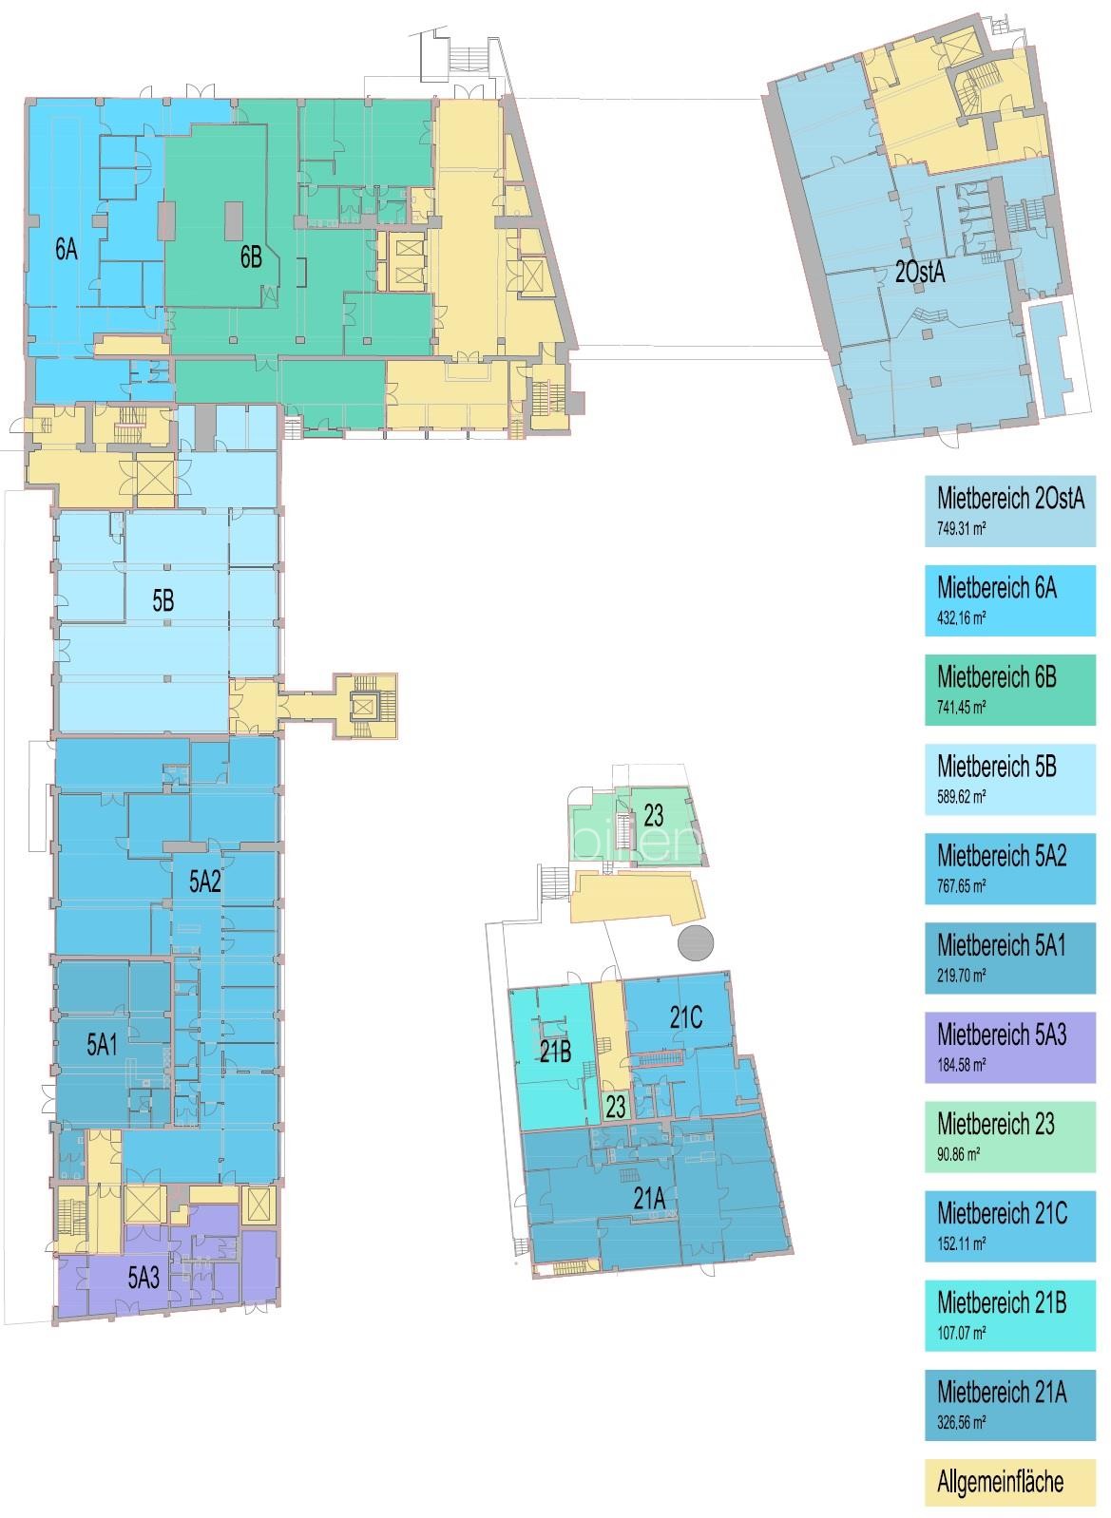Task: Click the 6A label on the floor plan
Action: pyautogui.click(x=67, y=250)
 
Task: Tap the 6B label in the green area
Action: pyautogui.click(x=251, y=256)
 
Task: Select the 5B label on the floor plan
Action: pyautogui.click(x=163, y=599)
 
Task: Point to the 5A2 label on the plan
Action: pyautogui.click(x=204, y=882)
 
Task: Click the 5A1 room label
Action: pyautogui.click(x=102, y=1044)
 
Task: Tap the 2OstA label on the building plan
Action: pyautogui.click(x=919, y=273)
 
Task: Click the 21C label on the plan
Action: pyautogui.click(x=686, y=1016)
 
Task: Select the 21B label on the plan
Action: pyautogui.click(x=555, y=1051)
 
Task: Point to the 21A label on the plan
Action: pyautogui.click(x=649, y=1200)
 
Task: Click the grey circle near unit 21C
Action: pyautogui.click(x=696, y=942)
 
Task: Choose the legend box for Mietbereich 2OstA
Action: pyautogui.click(x=1009, y=511)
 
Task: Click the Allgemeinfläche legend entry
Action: pyautogui.click(x=1009, y=1481)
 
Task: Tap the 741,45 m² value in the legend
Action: pyautogui.click(x=961, y=708)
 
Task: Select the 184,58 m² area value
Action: pyautogui.click(x=961, y=1065)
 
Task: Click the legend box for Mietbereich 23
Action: pyautogui.click(x=1009, y=1136)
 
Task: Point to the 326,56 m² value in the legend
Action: pyautogui.click(x=961, y=1423)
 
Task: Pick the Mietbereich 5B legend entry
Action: pyautogui.click(x=1009, y=779)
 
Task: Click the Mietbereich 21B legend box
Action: pyautogui.click(x=1009, y=1316)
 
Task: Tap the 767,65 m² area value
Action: pyautogui.click(x=961, y=886)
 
